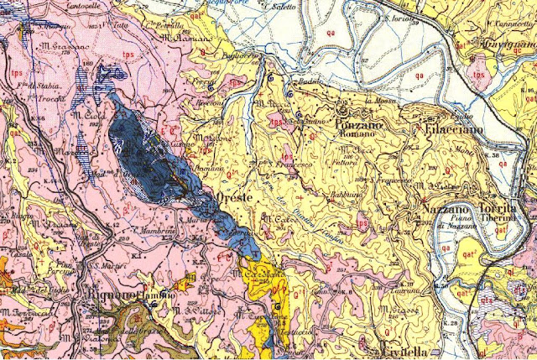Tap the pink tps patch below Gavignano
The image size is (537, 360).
click(481, 73)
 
